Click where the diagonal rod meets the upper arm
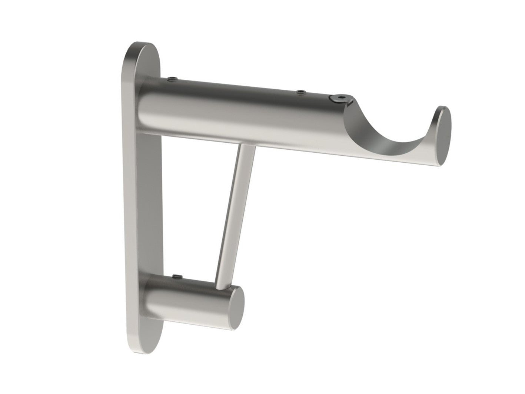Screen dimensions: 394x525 click(x=246, y=146)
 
